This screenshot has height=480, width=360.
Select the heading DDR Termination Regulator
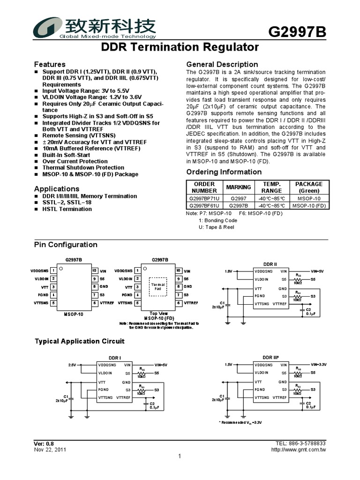click(180, 47)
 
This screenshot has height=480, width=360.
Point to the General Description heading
click(222, 64)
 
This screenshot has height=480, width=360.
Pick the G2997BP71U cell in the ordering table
click(204, 198)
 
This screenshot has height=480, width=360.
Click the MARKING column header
click(239, 187)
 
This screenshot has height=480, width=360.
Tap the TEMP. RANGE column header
click(272, 187)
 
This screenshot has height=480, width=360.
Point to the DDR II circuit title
click(270, 264)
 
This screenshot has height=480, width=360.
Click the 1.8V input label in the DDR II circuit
click(228, 271)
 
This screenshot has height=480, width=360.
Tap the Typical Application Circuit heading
click(80, 341)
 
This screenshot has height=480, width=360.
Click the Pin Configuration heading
click(66, 245)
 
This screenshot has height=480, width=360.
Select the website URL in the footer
click(299, 450)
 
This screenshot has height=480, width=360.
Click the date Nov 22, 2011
click(50, 450)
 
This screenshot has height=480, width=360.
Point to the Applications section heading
click(57, 188)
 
